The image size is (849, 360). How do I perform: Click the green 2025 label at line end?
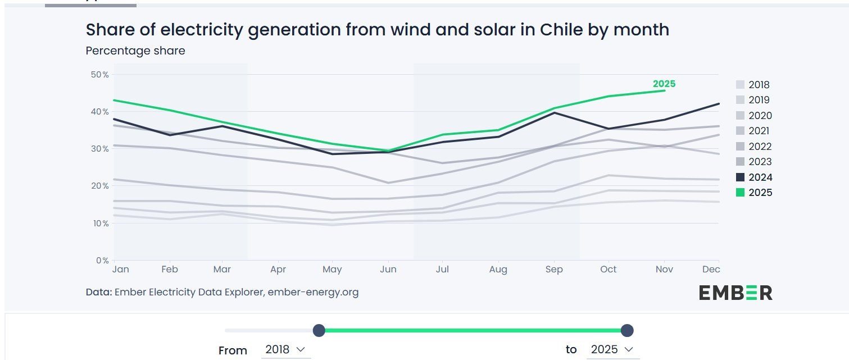click(x=664, y=84)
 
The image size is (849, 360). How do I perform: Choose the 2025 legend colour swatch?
click(x=740, y=193)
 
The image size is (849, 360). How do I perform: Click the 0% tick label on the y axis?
click(x=101, y=260)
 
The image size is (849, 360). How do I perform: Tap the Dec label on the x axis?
click(x=711, y=270)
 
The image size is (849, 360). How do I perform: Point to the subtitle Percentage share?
click(x=135, y=51)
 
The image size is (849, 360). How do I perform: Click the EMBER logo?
click(x=736, y=292)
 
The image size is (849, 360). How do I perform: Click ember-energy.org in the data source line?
click(x=313, y=292)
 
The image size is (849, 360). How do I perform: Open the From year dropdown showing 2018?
click(x=285, y=349)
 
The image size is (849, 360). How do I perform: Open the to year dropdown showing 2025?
click(x=612, y=349)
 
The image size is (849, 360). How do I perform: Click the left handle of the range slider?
click(x=319, y=330)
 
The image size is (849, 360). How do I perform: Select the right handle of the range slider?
click(x=627, y=330)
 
